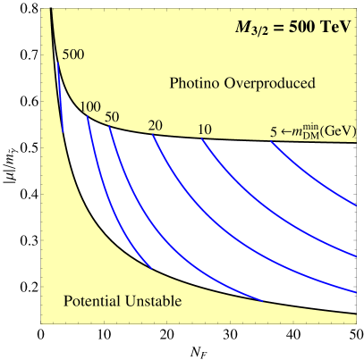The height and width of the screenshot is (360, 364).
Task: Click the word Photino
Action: coord(194,84)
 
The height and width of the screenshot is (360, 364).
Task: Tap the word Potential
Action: coord(92,302)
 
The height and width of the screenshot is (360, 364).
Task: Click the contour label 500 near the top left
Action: coord(72,54)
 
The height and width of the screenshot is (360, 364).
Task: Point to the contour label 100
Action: coord(89,107)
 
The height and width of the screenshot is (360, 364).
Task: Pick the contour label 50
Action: coord(112,117)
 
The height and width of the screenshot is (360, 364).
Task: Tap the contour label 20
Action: coord(155,126)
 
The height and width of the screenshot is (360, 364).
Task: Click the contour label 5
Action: coord(273,132)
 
